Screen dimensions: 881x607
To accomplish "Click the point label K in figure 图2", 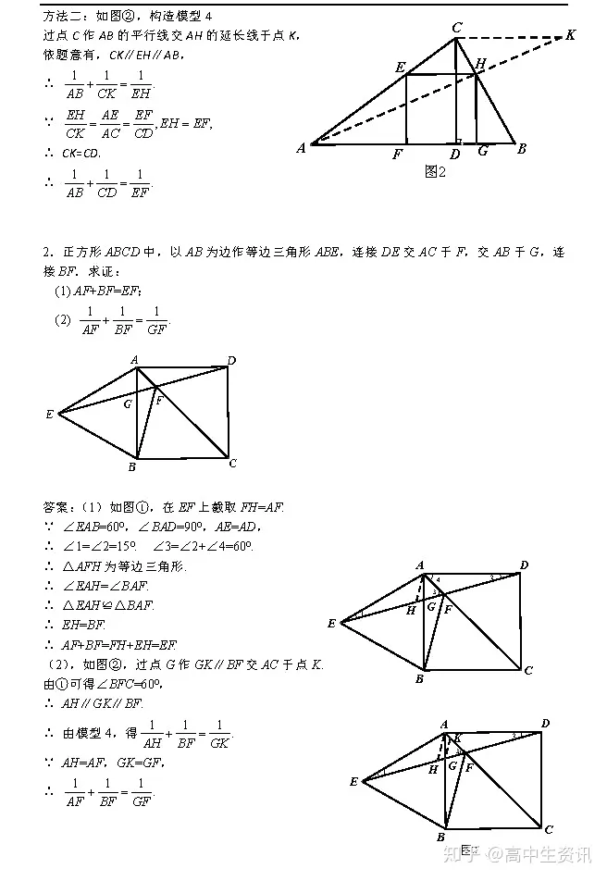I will (x=570, y=35).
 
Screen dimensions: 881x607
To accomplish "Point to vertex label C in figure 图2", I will (x=456, y=28).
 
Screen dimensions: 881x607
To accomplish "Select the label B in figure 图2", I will (x=522, y=148).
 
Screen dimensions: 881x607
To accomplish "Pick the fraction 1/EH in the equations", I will (x=140, y=83).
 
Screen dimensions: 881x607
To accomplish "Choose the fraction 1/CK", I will (x=105, y=83).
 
